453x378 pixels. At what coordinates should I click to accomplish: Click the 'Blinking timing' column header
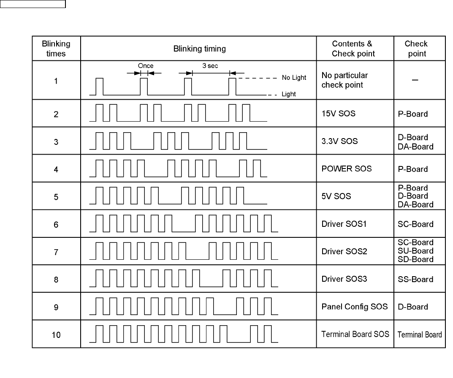click(x=199, y=49)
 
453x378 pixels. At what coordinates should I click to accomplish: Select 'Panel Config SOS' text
click(x=354, y=307)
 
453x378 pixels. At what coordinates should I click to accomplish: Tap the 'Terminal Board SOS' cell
click(x=355, y=334)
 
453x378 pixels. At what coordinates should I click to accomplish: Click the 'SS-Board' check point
click(x=415, y=279)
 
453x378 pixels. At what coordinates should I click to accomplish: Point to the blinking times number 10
click(x=56, y=335)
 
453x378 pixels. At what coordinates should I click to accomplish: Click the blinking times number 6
click(x=56, y=224)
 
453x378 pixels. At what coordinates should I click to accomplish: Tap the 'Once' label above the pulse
click(x=146, y=66)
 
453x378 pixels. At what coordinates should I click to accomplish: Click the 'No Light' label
click(x=294, y=78)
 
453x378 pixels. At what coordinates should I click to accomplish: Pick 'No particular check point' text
click(x=344, y=80)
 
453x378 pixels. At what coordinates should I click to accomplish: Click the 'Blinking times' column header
click(x=56, y=49)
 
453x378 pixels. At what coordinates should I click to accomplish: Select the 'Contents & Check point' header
click(x=353, y=49)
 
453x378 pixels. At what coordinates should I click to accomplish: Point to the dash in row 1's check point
click(x=415, y=81)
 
